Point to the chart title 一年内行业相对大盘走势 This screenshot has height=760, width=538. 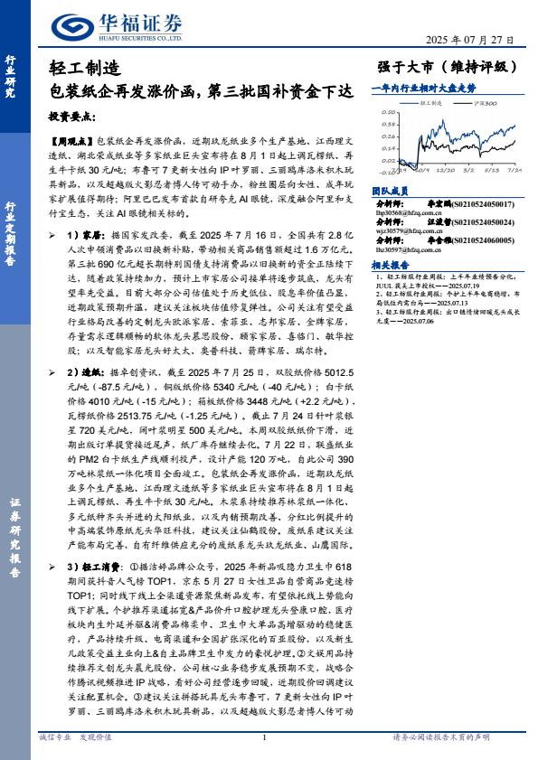[x=424, y=89]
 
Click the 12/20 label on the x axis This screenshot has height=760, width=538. [x=445, y=169]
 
